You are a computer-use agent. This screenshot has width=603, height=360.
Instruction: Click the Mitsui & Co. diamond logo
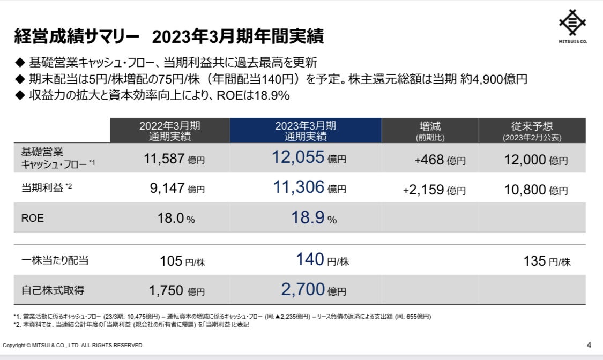pos(572,22)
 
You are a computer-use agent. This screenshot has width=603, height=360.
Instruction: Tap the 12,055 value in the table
pos(298,157)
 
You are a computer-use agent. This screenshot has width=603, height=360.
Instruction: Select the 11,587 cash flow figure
pos(164,159)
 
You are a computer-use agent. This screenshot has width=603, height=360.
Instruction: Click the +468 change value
pos(429,160)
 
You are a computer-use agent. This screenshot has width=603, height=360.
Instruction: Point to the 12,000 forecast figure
pos(525,160)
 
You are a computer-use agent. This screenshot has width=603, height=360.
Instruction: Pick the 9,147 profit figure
pos(167,188)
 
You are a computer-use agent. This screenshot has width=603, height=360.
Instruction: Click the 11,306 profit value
pos(299,187)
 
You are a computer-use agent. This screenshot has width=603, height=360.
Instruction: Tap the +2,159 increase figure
pos(423,190)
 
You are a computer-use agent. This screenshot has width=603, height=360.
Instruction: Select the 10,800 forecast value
pos(525,190)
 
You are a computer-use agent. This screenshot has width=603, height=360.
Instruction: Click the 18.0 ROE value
pos(171,218)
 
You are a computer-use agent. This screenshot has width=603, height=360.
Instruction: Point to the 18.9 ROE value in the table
pos(308,217)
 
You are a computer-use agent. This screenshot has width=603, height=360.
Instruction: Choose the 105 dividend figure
pos(171,261)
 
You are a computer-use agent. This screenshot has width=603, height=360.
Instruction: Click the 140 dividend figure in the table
pos(310,259)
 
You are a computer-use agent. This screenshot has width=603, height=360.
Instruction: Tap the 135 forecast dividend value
pos(534,261)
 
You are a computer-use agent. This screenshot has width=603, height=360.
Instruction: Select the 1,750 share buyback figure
pos(166,290)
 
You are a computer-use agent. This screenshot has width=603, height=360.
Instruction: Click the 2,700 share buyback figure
pos(303,289)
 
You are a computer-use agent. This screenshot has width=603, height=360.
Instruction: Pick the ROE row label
pos(32,218)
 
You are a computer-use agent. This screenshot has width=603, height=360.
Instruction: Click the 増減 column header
pos(430,126)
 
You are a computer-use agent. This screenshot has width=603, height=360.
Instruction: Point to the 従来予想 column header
pos(532,126)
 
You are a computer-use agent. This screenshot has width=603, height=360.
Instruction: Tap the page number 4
pos(589,345)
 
